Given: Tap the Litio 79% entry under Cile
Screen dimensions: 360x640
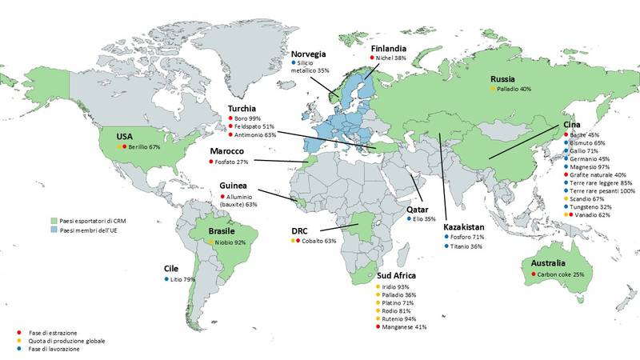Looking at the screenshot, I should (178, 279).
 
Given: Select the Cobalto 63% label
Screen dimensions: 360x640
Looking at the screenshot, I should (319, 241).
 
